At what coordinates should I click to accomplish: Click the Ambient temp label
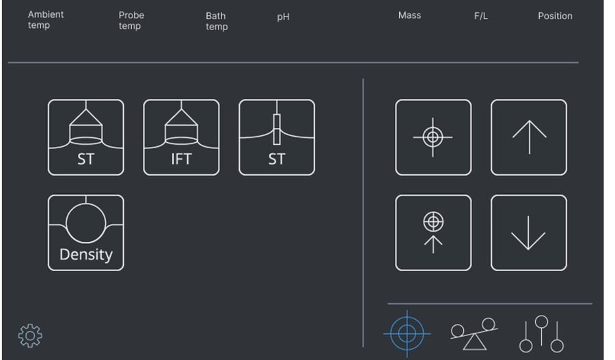tap(46, 20)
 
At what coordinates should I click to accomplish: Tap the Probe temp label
tap(131, 20)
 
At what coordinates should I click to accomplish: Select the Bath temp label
tap(217, 21)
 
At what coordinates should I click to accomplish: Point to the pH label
tap(283, 17)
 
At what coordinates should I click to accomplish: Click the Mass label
tap(409, 15)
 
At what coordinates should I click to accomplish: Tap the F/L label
tap(481, 16)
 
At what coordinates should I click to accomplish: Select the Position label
tap(555, 16)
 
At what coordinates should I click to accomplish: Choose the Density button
tap(86, 233)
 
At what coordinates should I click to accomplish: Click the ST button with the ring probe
tap(86, 137)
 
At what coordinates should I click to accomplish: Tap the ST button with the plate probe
tap(277, 137)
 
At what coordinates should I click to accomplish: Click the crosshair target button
tap(433, 137)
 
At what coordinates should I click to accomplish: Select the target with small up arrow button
tap(433, 233)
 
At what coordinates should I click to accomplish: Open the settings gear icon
tap(30, 335)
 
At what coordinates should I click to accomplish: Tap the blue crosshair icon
tap(407, 334)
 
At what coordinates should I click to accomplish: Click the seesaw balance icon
tap(474, 334)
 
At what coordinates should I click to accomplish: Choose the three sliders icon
tap(541, 334)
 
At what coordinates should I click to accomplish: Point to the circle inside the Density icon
tap(86, 223)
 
